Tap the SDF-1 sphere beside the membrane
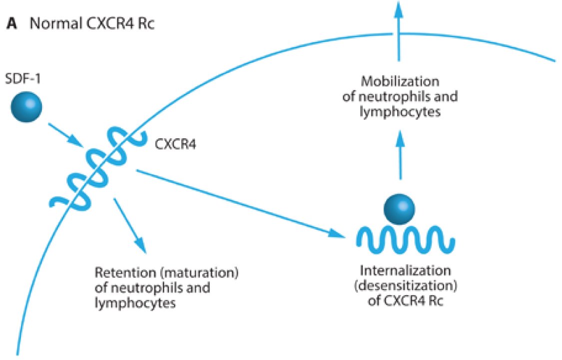pyautogui.click(x=27, y=107)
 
